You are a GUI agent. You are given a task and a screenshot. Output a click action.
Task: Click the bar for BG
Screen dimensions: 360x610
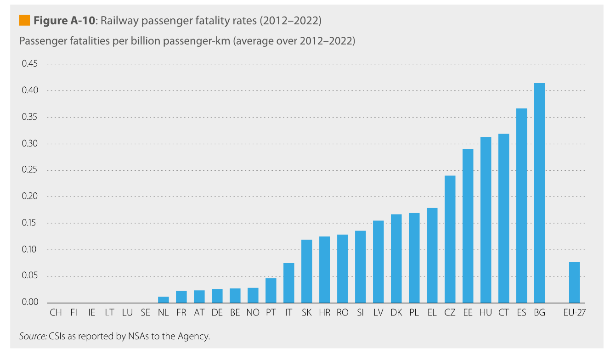539,193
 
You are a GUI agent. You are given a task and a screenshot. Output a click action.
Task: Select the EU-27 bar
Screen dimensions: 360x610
574,282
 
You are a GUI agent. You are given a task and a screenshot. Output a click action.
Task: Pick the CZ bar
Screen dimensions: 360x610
450,239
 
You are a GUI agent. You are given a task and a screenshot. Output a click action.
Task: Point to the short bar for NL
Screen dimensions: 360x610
163,300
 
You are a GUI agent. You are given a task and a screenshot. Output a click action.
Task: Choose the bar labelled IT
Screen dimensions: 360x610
288,283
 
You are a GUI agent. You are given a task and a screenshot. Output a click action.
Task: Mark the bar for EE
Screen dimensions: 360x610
468,225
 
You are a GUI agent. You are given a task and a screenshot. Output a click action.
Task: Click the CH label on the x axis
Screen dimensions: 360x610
56,313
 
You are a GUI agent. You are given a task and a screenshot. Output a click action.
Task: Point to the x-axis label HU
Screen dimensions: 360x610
486,313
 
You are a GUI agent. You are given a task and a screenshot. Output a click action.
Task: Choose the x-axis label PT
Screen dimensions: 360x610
271,313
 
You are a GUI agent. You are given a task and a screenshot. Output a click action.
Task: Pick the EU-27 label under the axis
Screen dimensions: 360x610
574,313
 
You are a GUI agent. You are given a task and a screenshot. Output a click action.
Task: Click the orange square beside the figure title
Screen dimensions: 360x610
24,20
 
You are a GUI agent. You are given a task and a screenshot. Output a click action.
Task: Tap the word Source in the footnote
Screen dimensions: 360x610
32,336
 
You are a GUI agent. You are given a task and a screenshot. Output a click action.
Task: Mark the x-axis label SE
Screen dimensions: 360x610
145,313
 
